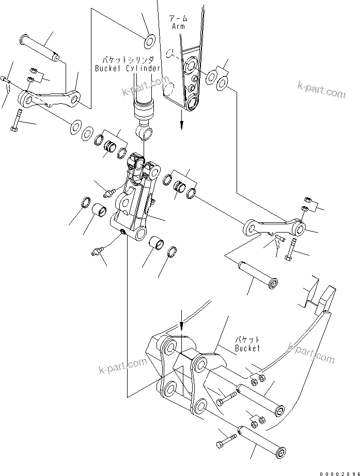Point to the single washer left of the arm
pos(150,39)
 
